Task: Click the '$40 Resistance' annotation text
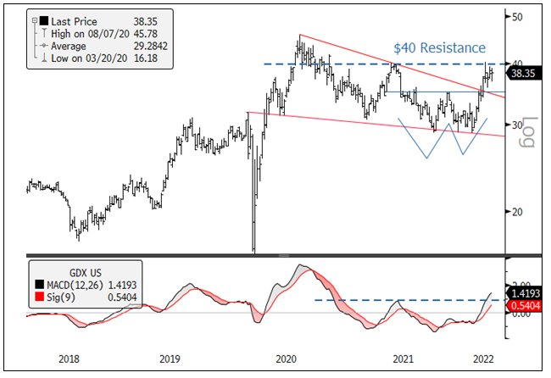click(439, 47)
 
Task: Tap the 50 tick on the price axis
click(515, 17)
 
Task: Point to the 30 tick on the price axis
click(515, 125)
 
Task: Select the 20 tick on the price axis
click(515, 212)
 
